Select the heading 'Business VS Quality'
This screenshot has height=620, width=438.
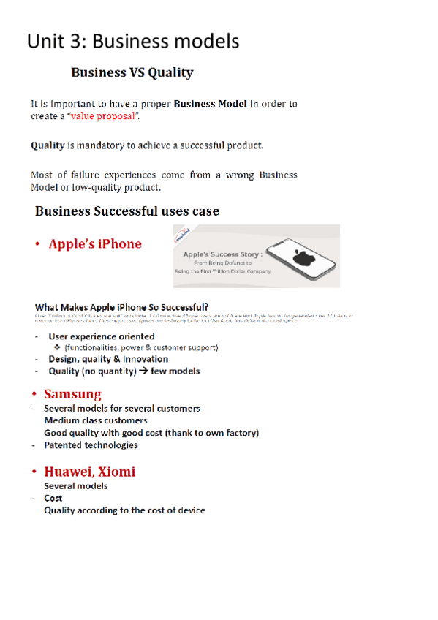132,73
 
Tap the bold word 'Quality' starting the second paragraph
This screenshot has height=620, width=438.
48,145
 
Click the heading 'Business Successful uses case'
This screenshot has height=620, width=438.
127,211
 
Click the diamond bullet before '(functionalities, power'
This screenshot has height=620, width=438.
58,347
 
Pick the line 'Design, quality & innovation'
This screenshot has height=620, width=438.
107,359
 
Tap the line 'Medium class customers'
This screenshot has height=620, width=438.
95,420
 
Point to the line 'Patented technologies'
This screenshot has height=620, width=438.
91,445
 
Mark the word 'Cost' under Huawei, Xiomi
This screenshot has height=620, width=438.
53,498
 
